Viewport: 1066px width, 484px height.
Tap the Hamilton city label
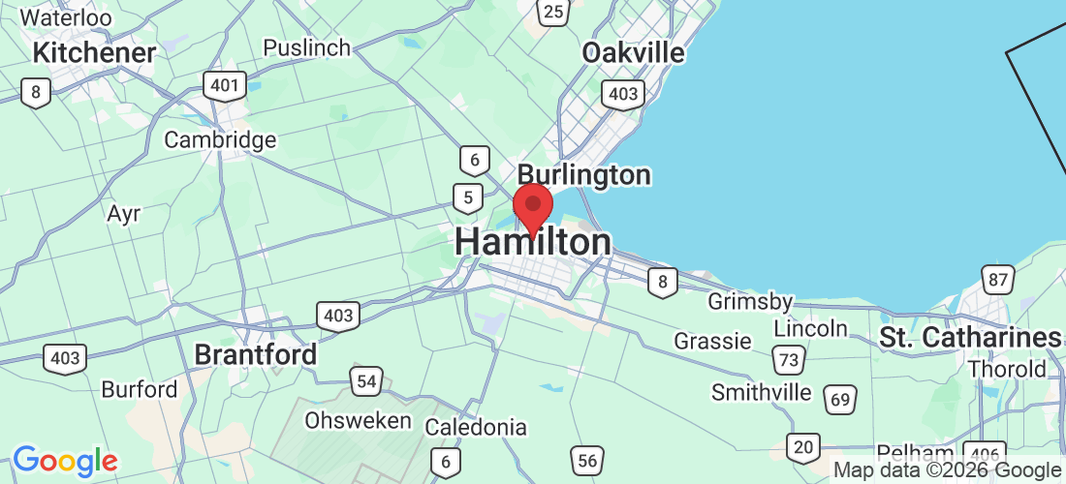533,243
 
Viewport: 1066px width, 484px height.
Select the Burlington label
583,175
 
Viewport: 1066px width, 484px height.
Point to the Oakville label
633,52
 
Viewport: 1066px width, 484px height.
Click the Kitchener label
94,52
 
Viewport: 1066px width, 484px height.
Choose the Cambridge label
220,140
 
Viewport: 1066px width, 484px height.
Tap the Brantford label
256,354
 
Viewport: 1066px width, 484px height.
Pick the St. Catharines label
970,338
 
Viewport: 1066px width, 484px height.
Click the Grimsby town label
750,302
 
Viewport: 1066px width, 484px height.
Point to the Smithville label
761,392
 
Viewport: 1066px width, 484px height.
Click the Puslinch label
306,47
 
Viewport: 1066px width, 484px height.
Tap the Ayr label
125,213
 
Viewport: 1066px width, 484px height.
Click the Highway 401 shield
224,85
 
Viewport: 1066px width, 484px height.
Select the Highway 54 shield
366,381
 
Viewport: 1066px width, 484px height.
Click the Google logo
64,461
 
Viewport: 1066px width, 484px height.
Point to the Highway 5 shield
468,198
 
